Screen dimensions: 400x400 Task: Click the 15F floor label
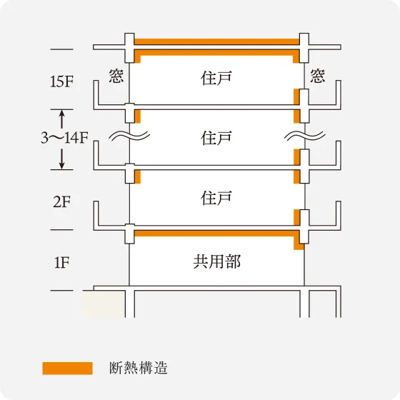pyautogui.click(x=62, y=81)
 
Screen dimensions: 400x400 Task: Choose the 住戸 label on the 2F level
pyautogui.click(x=216, y=198)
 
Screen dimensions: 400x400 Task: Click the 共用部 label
pyautogui.click(x=216, y=261)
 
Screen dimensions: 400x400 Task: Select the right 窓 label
pyautogui.click(x=318, y=76)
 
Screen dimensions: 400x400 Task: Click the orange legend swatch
pyautogui.click(x=67, y=368)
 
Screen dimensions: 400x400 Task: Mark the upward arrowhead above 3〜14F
pyautogui.click(x=62, y=114)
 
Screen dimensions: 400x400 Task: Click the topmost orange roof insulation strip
pyautogui.click(x=216, y=41)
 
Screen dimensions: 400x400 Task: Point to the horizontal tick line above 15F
pyautogui.click(x=62, y=49)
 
